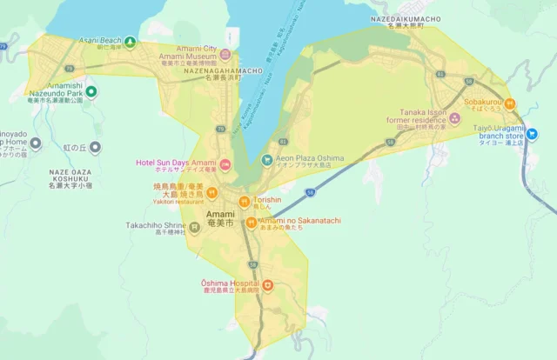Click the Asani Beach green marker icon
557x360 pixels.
(130, 41)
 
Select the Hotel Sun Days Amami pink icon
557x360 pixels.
(225, 163)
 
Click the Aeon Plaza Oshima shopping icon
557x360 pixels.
(267, 159)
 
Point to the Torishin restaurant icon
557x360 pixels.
(245, 201)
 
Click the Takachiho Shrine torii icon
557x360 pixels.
(194, 227)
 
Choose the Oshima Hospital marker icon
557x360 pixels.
(267, 284)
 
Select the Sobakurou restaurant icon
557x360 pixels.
(511, 103)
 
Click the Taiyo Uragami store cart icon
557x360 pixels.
(532, 134)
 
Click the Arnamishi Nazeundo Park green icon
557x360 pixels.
(91, 91)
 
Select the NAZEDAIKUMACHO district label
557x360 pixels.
(406, 18)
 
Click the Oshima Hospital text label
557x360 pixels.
(230, 283)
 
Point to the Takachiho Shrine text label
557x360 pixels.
(156, 224)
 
